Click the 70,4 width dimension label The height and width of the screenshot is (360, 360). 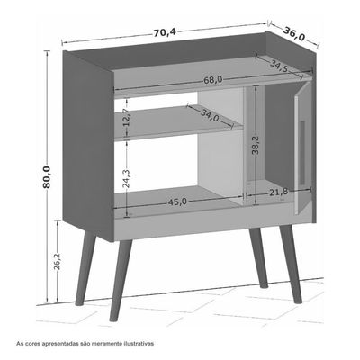pos(165,32)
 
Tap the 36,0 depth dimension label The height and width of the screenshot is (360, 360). pos(294,34)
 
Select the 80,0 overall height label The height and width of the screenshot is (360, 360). pos(47,177)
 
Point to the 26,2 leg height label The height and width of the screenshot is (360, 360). pos(57,261)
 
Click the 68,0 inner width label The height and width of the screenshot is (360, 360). pos(213,80)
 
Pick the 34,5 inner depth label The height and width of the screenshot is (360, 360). pos(279,67)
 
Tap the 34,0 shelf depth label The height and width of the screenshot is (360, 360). pos(210,115)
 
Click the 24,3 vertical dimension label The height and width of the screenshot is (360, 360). pos(127,179)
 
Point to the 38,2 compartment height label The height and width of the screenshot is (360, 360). pos(256,145)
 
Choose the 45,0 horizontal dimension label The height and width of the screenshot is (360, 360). pos(177,202)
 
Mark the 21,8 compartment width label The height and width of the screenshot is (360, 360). pos(278,192)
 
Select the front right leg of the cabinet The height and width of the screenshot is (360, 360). pos(292,264)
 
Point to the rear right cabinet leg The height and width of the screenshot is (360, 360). pos(257,258)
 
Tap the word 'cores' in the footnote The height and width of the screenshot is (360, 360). pos(31,344)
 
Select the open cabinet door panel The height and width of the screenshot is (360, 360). pos(303,148)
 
